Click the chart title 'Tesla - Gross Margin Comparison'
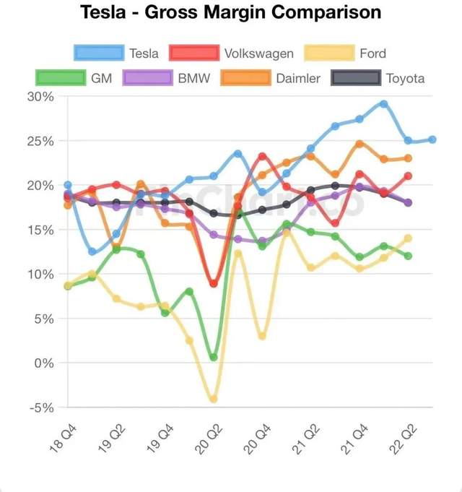(x=230, y=13)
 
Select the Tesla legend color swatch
(x=97, y=53)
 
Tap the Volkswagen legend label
(x=258, y=53)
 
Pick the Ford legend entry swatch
(x=329, y=53)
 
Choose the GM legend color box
(x=61, y=78)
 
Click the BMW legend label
(x=194, y=78)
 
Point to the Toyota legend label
(x=405, y=78)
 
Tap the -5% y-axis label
(x=41, y=407)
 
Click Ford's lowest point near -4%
(x=213, y=399)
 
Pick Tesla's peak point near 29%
(x=384, y=104)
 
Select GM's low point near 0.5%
(x=213, y=357)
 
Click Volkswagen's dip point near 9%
(x=213, y=283)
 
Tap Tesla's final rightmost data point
(x=432, y=139)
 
